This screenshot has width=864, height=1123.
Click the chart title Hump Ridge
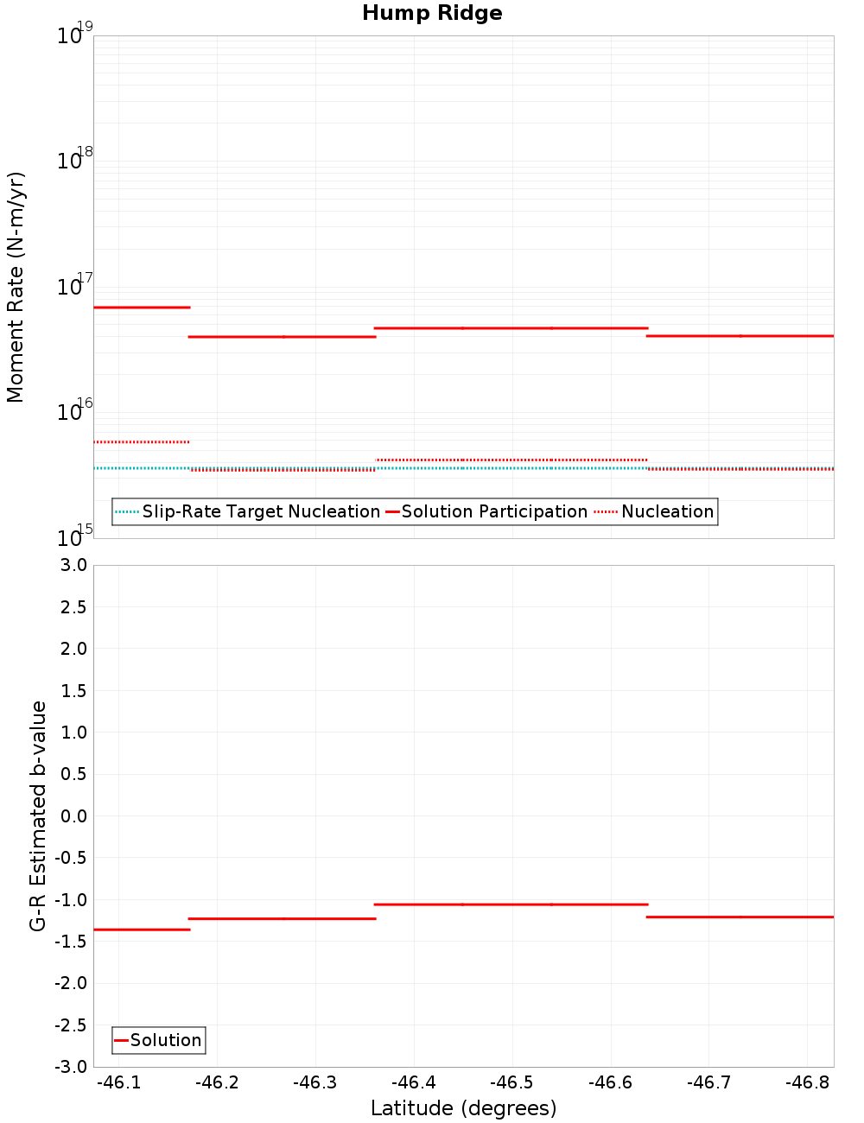tap(432, 14)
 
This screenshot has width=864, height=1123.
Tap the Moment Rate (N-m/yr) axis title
tap(16, 287)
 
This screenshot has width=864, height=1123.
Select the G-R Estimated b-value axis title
tap(38, 815)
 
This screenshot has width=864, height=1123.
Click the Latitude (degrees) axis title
tap(463, 1108)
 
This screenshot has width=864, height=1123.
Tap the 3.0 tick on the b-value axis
tap(71, 565)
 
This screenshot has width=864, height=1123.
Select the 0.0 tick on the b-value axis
tap(71, 816)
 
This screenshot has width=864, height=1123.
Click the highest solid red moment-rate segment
tap(142, 308)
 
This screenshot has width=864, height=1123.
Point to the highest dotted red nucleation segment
tap(142, 442)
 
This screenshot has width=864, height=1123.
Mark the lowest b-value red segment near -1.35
tap(142, 929)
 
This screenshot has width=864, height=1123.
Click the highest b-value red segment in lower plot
tap(511, 904)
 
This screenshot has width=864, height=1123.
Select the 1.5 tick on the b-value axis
tap(71, 690)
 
